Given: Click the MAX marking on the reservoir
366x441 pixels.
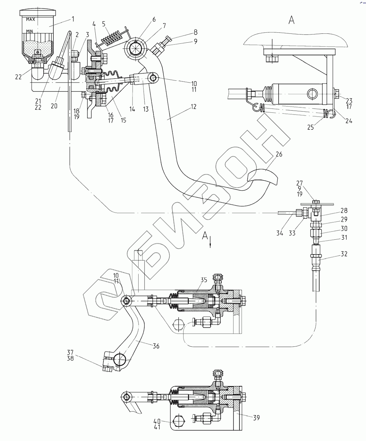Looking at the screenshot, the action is (x=30, y=19).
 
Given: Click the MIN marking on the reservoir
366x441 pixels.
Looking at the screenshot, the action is (x=29, y=31).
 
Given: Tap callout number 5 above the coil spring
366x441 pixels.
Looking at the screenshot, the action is (x=103, y=24).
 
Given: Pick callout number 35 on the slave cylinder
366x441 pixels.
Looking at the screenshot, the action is (x=203, y=280).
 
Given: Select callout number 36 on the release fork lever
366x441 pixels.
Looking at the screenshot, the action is (x=156, y=345).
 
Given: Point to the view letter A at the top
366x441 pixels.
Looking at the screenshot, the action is (x=291, y=21).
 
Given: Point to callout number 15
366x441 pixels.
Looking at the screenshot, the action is (x=123, y=120).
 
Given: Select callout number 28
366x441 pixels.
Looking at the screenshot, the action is (x=344, y=211).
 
